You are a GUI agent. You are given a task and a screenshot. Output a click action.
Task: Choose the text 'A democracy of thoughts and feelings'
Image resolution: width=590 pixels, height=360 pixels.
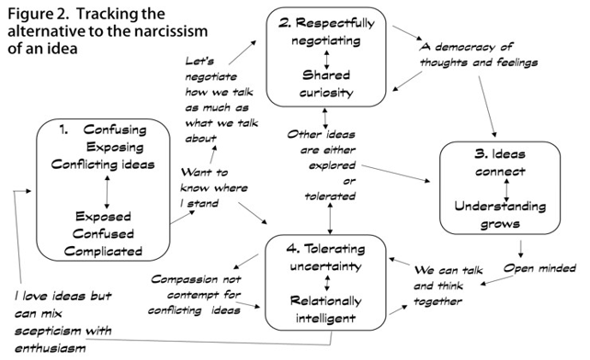tap(477, 54)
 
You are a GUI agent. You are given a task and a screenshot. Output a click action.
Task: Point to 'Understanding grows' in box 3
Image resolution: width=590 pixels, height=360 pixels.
tap(502, 211)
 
